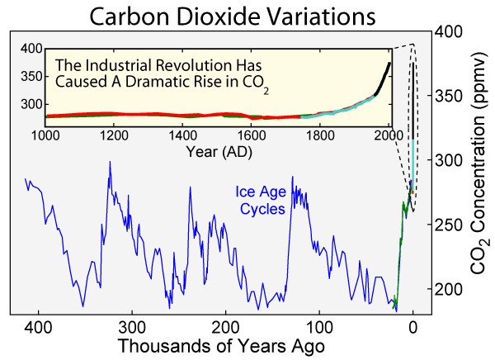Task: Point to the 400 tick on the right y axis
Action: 450,31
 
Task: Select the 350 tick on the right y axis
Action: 450,96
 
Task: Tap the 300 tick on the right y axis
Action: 450,160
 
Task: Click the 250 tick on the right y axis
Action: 450,225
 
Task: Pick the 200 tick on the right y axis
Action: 450,289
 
